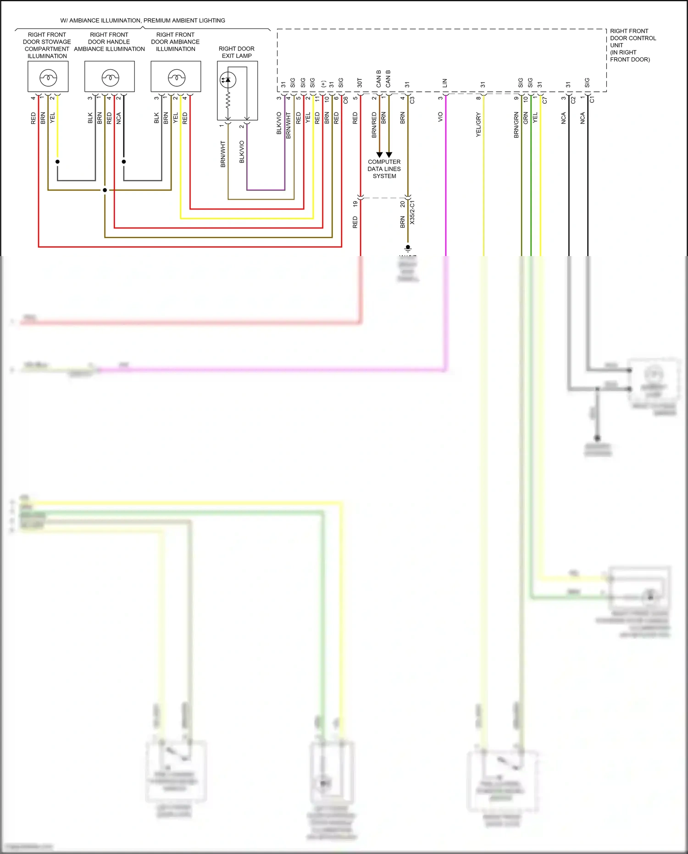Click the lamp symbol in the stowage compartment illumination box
48,78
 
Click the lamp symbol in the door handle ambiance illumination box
110,78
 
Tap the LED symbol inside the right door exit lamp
228,80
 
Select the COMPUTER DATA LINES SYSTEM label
384,169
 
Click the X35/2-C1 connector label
412,212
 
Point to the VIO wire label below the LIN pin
440,117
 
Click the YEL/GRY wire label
478,124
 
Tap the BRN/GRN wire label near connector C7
516,125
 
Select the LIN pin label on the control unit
444,83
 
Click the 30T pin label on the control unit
360,83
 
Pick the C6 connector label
346,100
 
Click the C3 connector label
412,100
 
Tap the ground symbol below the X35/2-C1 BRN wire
408,249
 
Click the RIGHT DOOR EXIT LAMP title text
237,52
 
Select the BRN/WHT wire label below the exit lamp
223,154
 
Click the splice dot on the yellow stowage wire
57,162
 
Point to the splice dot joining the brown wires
105,190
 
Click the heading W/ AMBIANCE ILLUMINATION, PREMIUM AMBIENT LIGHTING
143,21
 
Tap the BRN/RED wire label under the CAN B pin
374,124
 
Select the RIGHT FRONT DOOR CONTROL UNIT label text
632,45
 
